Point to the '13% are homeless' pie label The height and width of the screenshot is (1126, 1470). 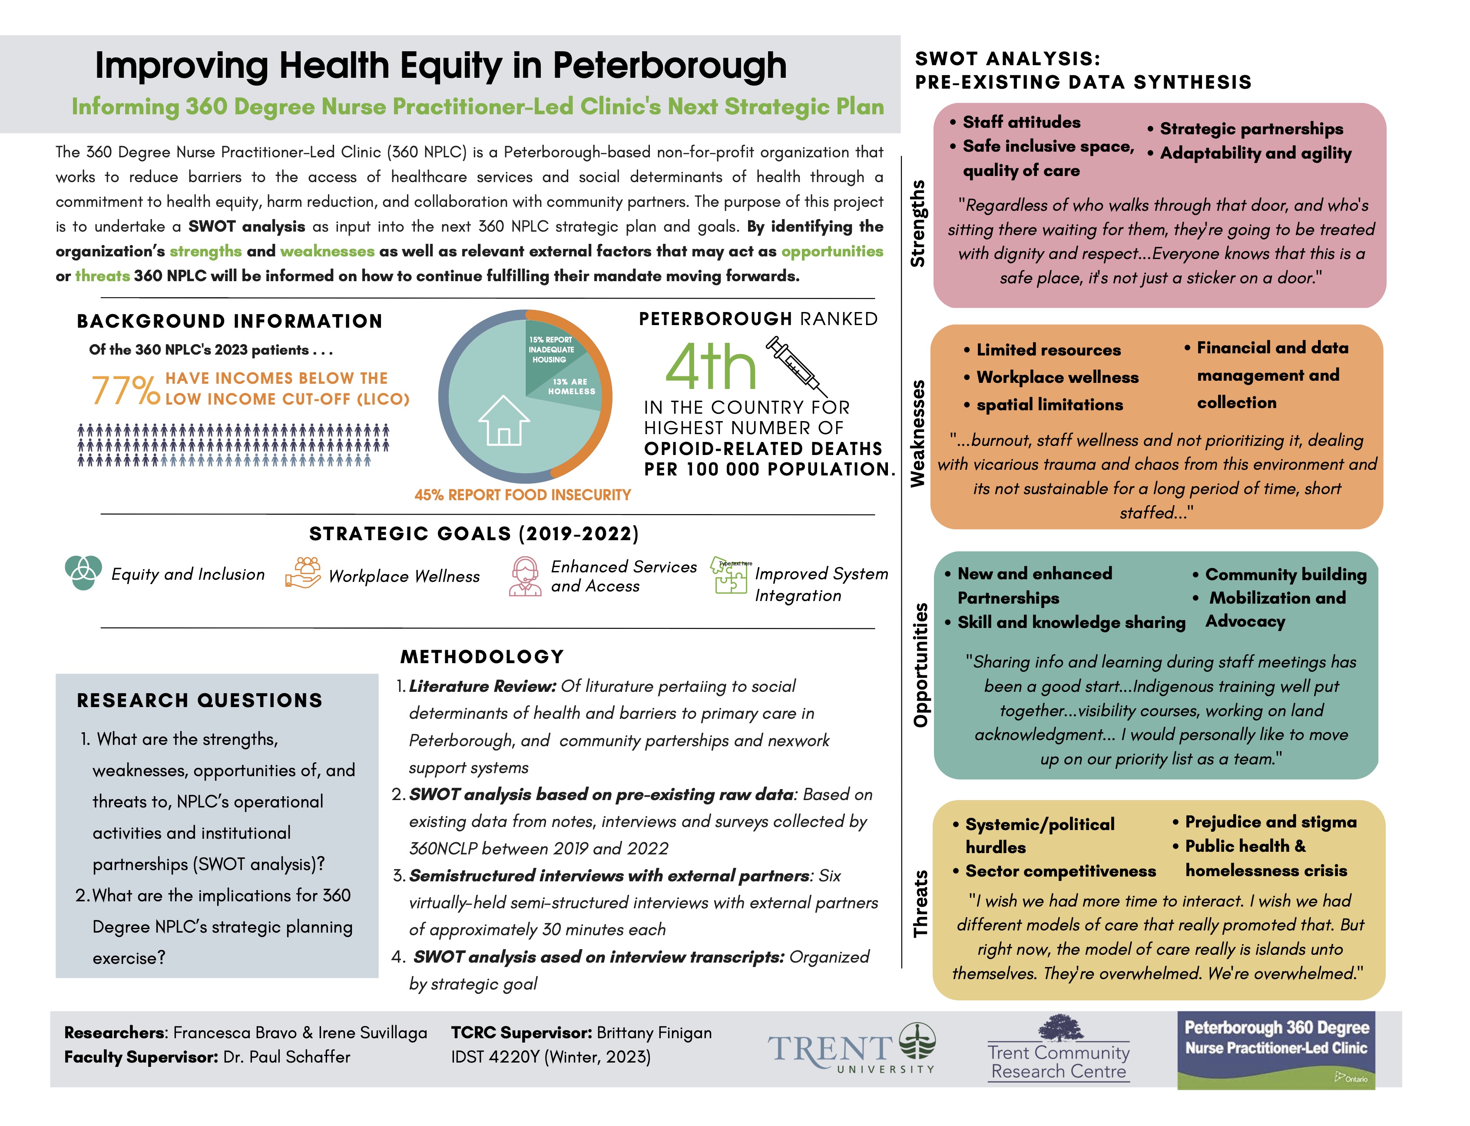point(571,387)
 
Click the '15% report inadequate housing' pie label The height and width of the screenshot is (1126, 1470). point(550,349)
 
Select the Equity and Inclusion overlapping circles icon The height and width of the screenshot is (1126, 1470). point(84,573)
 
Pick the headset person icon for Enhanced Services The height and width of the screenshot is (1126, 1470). point(525,576)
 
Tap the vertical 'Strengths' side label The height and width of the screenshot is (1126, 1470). point(917,224)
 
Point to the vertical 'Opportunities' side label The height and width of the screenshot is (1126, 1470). point(920,665)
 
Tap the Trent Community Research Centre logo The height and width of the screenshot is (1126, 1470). point(1059,1050)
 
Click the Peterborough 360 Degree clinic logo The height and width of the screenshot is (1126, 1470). point(1276,1050)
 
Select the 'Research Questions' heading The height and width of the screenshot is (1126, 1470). point(200,701)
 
